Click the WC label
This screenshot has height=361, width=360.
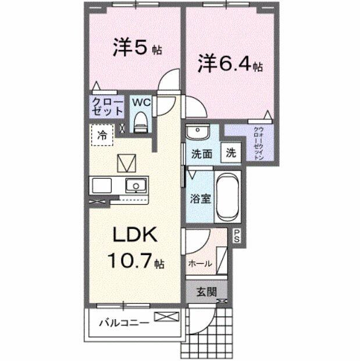point(141,102)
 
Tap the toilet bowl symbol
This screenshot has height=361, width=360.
point(140,122)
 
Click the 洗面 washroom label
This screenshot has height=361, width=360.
point(201,154)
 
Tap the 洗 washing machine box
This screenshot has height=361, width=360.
point(231,154)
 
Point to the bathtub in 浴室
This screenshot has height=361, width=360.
point(227,196)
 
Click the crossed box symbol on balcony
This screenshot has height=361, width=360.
point(166,317)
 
